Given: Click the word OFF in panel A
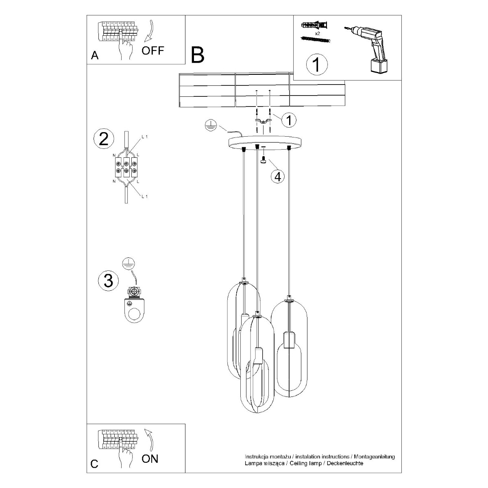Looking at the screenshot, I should point(153,51).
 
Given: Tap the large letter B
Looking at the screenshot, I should point(198,55).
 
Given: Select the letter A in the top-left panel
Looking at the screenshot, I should point(94,56).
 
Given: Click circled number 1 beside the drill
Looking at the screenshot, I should point(316,65).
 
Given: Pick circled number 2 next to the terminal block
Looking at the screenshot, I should point(104,139).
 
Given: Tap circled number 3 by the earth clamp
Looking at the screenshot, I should point(108,281).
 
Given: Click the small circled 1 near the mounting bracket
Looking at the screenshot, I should point(289,120).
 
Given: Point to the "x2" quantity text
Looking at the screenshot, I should point(318,33).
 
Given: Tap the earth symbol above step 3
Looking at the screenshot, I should point(129,264).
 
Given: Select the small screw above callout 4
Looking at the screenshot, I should point(264,160).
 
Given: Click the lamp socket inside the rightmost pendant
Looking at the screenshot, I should point(288,340).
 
